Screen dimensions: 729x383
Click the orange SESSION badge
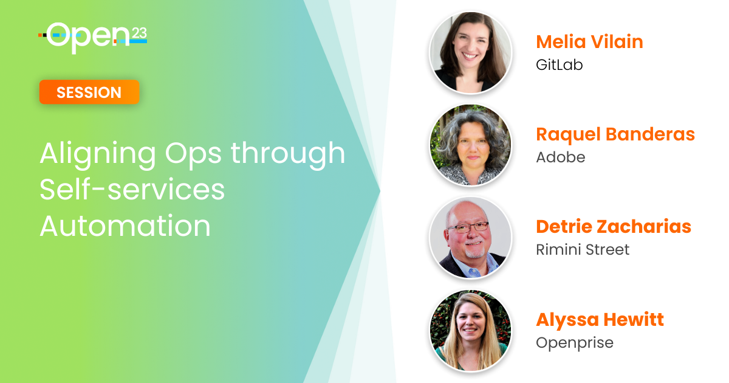coord(89,92)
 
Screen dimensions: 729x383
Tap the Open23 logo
coord(92,38)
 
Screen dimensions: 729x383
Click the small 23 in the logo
coord(139,33)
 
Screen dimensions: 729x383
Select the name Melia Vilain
coord(589,42)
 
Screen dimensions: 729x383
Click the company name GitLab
coord(559,64)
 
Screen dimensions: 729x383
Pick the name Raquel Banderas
coord(615,134)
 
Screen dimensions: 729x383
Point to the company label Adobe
coord(560,157)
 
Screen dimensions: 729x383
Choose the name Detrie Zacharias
coord(614,227)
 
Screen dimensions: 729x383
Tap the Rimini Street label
coord(583,249)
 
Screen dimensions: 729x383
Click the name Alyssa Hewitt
coord(600,320)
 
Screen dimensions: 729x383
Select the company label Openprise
coord(575,343)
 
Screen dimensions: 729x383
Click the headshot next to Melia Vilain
coord(470,52)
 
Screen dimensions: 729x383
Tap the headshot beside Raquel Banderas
coord(470,145)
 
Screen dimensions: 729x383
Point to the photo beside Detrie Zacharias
coord(470,238)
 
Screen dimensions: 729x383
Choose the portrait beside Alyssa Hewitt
coord(470,330)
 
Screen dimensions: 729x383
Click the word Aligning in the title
coord(98,154)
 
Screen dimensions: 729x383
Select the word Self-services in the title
coord(132,190)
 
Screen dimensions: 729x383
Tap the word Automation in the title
coord(125,226)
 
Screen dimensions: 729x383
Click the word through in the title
coord(288,154)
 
